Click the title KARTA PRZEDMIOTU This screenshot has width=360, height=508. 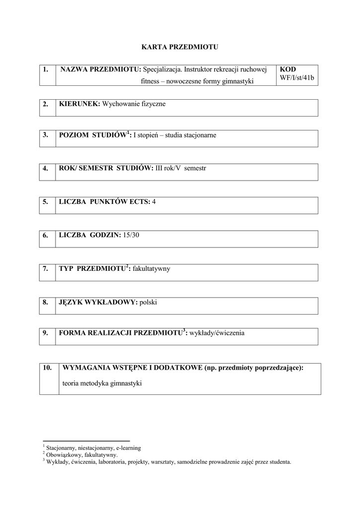pos(180,48)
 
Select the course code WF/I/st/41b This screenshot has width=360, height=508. pos(297,78)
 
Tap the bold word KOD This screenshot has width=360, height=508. pos(288,69)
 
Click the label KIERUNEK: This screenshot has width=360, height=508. pos(79,104)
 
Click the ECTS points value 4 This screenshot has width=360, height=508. pos(154,201)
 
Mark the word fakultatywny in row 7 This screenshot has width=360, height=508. pos(152,268)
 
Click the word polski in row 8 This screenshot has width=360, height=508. pos(148,302)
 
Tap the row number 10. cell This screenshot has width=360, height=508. pos(48,368)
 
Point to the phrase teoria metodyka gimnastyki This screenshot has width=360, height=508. pos(102,383)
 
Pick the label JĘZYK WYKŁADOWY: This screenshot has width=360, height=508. pos(98,302)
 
